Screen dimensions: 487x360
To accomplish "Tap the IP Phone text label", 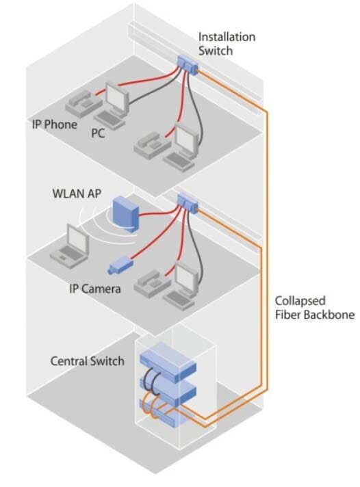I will click(55, 125).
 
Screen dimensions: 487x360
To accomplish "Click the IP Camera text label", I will click(95, 289).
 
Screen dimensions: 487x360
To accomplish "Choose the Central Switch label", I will click(88, 360).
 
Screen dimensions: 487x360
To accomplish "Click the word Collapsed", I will click(299, 300).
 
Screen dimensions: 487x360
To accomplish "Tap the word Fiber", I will click(287, 315).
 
